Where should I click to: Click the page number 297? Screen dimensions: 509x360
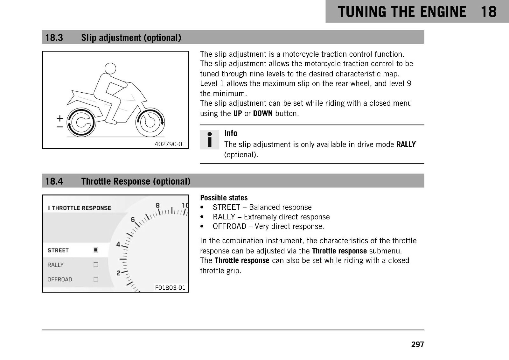[x=417, y=344]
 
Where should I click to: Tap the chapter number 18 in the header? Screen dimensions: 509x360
[x=489, y=12]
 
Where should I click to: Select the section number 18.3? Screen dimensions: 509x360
[x=54, y=38]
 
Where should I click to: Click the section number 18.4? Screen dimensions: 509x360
[x=54, y=181]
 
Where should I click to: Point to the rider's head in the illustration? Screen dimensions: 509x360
[x=110, y=68]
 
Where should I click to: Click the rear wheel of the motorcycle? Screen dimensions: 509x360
[x=81, y=122]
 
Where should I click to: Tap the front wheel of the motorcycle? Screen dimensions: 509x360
[x=150, y=122]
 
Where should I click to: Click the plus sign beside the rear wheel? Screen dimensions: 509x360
[x=60, y=118]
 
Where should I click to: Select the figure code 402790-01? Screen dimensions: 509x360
[x=170, y=144]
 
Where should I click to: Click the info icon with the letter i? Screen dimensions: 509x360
[x=210, y=139]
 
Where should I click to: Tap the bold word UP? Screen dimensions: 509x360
[x=237, y=113]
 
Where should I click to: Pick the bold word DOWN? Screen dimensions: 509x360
[x=263, y=113]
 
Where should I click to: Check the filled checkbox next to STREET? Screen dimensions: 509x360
[x=96, y=250]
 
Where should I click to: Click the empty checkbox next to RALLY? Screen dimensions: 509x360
[x=96, y=265]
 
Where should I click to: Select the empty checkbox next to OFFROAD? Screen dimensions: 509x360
[x=96, y=279]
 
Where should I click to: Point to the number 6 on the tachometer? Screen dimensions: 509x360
[x=133, y=219]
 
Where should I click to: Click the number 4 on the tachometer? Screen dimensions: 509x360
[x=118, y=244]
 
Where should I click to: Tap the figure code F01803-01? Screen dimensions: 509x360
[x=170, y=288]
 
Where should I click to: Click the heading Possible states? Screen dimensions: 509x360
[x=224, y=198]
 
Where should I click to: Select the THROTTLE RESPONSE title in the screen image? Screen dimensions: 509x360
[x=81, y=208]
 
